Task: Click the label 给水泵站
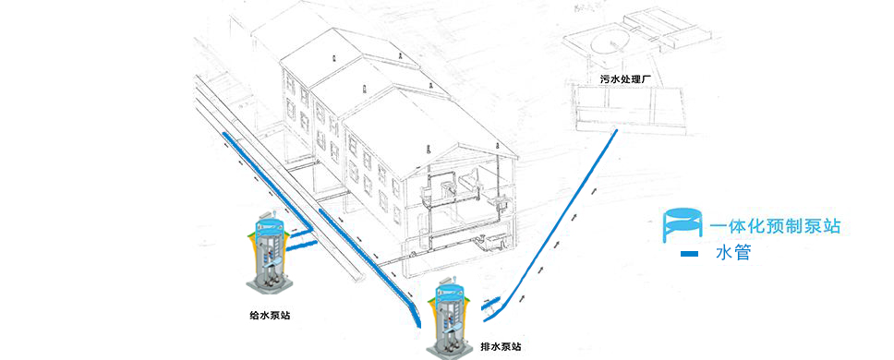[270, 315]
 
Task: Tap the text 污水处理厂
[626, 80]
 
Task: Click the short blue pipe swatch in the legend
[688, 253]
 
